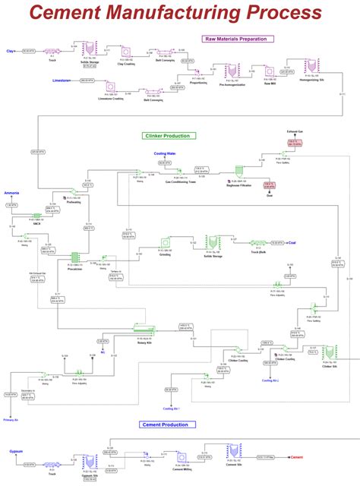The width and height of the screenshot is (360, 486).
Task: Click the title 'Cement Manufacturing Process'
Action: [x=175, y=13]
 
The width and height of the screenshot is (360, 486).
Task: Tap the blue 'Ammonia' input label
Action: [x=11, y=194]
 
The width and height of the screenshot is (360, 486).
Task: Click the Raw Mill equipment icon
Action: [x=270, y=71]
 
